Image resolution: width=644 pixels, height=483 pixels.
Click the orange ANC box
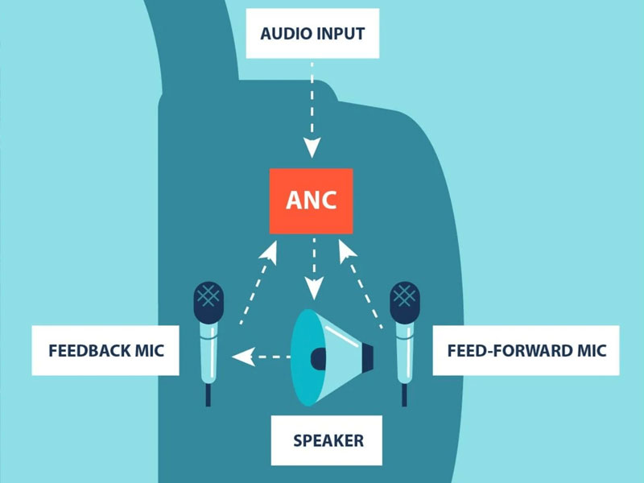(312, 201)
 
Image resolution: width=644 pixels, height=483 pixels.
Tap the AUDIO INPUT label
(312, 34)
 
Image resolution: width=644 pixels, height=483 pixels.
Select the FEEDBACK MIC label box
(105, 351)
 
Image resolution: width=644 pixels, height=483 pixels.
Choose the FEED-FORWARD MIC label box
(526, 351)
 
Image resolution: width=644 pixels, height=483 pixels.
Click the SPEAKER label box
(328, 440)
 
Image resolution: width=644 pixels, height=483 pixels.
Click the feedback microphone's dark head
(208, 300)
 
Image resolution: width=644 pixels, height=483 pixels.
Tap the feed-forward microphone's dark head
(404, 300)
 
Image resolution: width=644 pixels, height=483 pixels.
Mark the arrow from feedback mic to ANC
(257, 282)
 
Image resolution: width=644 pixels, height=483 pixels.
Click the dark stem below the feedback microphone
(208, 394)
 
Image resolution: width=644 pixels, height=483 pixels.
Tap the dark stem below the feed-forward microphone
(404, 394)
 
